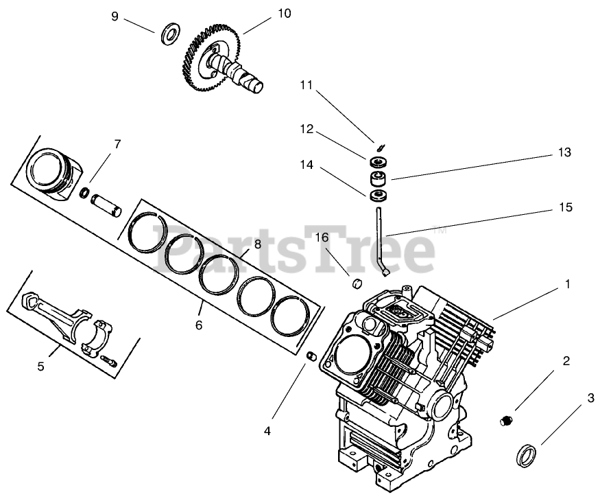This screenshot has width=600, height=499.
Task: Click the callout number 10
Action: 266,13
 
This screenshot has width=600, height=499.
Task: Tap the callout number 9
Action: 116,16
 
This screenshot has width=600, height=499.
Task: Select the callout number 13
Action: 564,152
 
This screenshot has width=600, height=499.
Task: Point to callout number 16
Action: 322,237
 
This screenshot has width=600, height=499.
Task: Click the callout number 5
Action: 41,367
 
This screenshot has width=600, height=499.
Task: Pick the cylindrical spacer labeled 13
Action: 377,180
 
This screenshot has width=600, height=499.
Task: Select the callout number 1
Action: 567,283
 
